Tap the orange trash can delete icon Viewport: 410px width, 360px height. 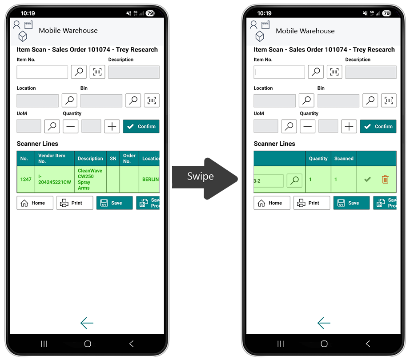pyautogui.click(x=385, y=180)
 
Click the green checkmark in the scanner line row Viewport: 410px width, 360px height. pyautogui.click(x=367, y=179)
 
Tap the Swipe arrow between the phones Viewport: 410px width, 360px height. pyautogui.click(x=205, y=179)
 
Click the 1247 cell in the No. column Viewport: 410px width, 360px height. pyautogui.click(x=26, y=179)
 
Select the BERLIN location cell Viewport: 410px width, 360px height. pyautogui.click(x=150, y=179)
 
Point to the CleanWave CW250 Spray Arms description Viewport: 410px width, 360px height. pyautogui.click(x=90, y=179)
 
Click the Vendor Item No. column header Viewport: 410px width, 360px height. pyautogui.click(x=52, y=158)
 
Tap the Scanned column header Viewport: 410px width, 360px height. pyautogui.click(x=344, y=158)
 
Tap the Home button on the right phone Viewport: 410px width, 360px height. pyautogui.click(x=272, y=203)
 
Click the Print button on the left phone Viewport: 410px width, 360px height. pyautogui.click(x=75, y=203)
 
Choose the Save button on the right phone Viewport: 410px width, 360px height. pyautogui.click(x=351, y=203)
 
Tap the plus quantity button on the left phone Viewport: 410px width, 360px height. pyautogui.click(x=112, y=126)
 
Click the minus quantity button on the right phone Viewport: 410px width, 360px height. pyautogui.click(x=308, y=126)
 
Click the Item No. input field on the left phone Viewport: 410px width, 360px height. pyautogui.click(x=42, y=72)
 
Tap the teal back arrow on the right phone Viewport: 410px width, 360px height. pyautogui.click(x=324, y=323)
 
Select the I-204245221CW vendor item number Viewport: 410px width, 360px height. pyautogui.click(x=54, y=179)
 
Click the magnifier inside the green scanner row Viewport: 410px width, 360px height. pyautogui.click(x=294, y=180)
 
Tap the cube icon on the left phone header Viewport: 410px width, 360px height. pyautogui.click(x=23, y=36)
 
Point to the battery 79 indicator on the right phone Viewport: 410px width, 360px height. pyautogui.click(x=386, y=13)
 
